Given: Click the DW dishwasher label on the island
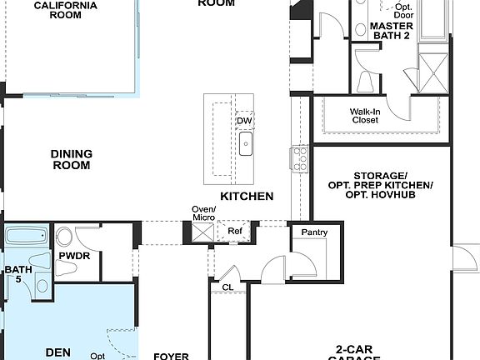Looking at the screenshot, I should (x=243, y=122).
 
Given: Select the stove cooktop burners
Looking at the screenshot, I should (x=300, y=158).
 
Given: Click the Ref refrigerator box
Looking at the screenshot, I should (x=234, y=230).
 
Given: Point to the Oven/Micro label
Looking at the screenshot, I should (x=204, y=213).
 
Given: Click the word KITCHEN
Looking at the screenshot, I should (x=247, y=197).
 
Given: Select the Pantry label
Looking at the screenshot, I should (x=314, y=232).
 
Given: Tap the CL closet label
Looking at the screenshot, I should (x=227, y=287).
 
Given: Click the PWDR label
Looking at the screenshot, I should (x=74, y=256).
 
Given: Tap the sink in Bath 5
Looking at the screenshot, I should (x=42, y=285).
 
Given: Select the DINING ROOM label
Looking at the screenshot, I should (x=71, y=159).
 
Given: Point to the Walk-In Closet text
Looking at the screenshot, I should (x=364, y=115).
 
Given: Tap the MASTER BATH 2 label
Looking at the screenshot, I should (x=392, y=32).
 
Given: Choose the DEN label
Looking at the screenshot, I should (x=57, y=352).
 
